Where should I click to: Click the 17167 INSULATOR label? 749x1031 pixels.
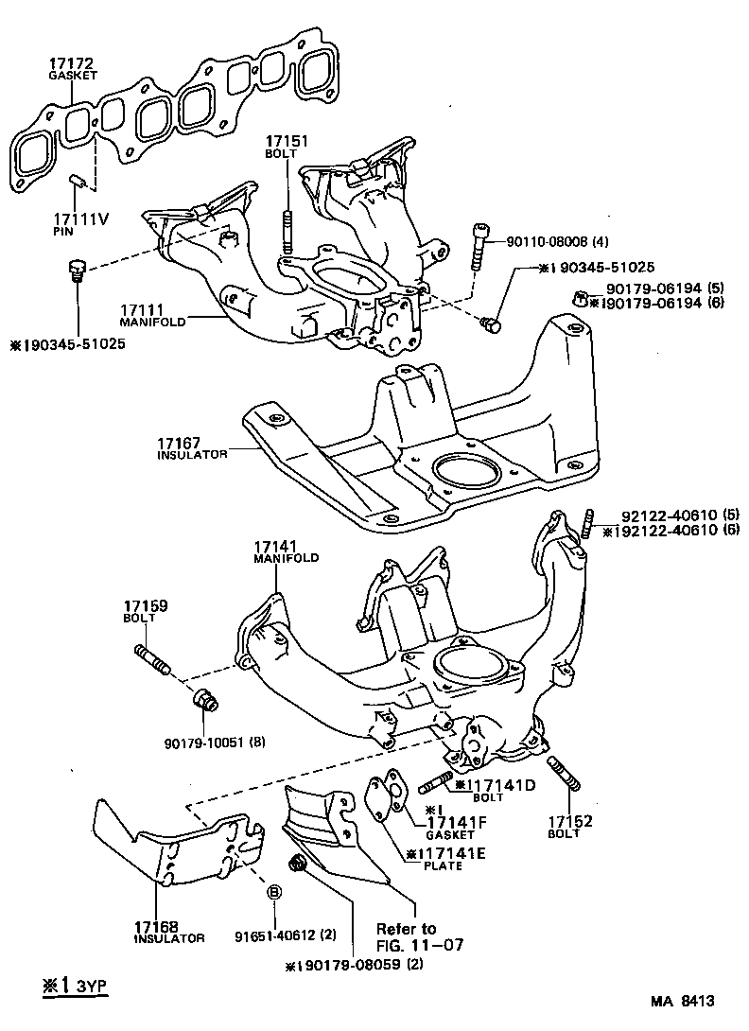192,446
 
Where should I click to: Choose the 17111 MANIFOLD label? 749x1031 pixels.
142,315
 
